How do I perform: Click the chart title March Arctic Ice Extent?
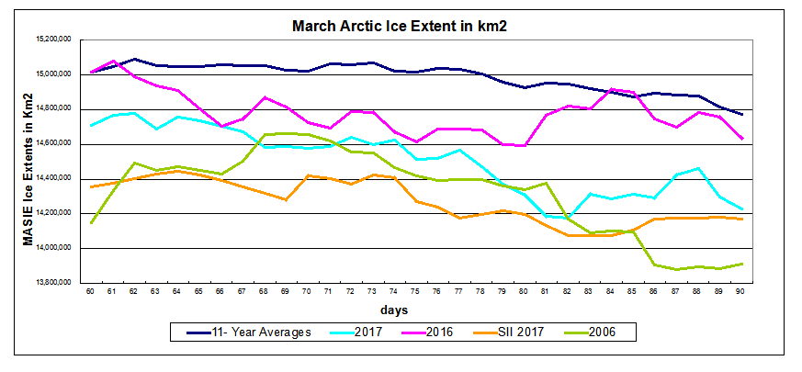[x=400, y=25]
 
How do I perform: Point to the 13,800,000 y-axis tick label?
[x=57, y=283]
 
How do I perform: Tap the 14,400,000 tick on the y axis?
[x=57, y=179]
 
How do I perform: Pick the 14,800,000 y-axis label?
[x=57, y=109]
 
